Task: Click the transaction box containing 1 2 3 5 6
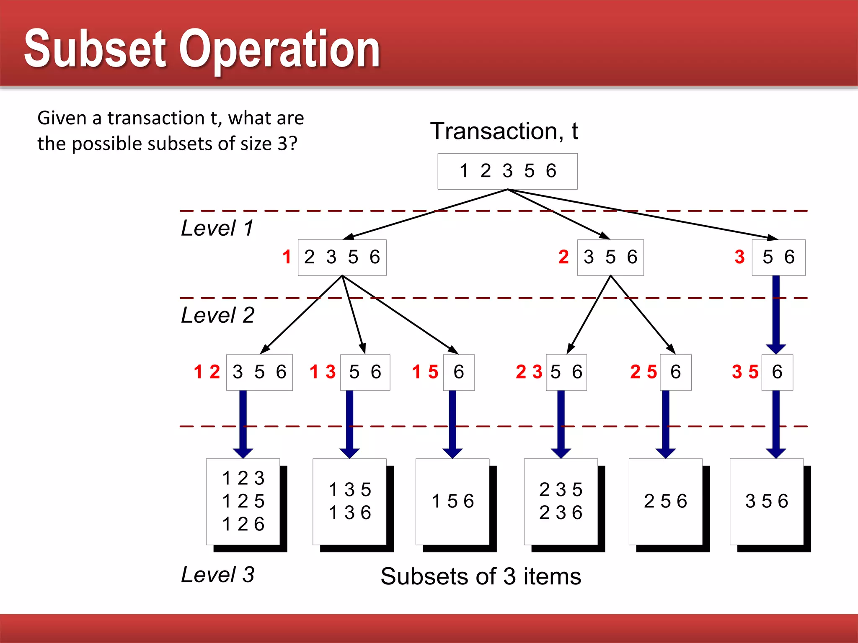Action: pyautogui.click(x=507, y=171)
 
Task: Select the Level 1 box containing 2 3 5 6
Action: pyautogui.click(x=342, y=257)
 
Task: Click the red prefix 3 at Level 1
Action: pyautogui.click(x=739, y=257)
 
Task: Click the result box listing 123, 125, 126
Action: pyautogui.click(x=243, y=502)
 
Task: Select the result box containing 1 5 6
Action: pyautogui.click(x=452, y=502)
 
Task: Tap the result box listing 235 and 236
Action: pyautogui.click(x=561, y=502)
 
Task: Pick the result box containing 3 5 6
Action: pyautogui.click(x=767, y=502)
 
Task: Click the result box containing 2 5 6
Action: pyautogui.click(x=666, y=502)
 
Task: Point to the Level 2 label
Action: pyautogui.click(x=218, y=315)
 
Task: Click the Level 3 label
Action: pyautogui.click(x=218, y=574)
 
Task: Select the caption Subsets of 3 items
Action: pyautogui.click(x=481, y=576)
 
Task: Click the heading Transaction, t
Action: pyautogui.click(x=504, y=131)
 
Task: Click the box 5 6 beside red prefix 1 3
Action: pyautogui.click(x=365, y=372)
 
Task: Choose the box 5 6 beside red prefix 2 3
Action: pyautogui.click(x=566, y=372)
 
